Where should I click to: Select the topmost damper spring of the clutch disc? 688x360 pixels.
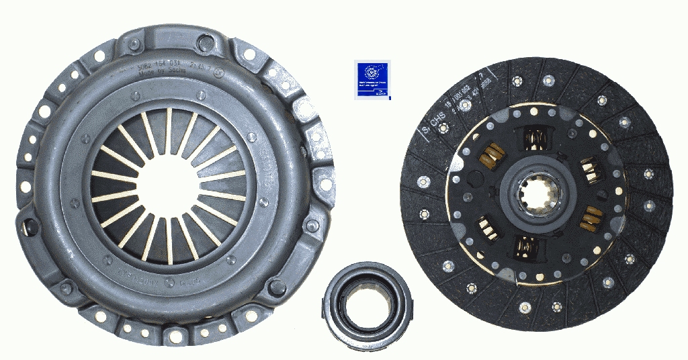(x=535, y=138)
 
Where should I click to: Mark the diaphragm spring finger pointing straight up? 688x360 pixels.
(x=167, y=128)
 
